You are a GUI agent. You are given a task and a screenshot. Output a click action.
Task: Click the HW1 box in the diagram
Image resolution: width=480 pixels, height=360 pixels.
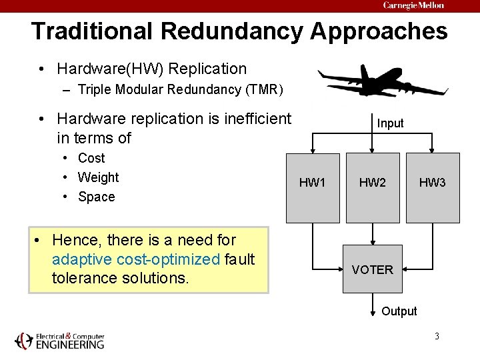312,187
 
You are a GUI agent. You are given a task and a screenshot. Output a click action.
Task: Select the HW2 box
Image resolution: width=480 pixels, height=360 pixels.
373,187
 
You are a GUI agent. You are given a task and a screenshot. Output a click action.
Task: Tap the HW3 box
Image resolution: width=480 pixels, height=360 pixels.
433,187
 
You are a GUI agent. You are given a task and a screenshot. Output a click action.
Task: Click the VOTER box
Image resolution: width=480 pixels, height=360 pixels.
373,269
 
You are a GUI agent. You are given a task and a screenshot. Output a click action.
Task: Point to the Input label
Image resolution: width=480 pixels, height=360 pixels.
390,123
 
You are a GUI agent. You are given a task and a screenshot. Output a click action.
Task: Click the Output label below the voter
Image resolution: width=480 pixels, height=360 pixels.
399,311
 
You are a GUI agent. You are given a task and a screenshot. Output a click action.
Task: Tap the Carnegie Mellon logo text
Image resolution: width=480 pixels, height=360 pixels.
413,5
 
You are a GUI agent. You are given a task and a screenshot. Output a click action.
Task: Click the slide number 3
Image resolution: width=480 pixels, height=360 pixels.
437,335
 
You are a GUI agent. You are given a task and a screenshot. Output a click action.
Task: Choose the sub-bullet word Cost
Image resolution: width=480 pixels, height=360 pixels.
91,158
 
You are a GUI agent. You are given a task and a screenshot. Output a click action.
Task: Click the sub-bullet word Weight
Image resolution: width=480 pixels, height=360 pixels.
98,177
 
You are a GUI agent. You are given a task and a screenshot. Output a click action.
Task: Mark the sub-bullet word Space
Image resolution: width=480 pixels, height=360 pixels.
96,197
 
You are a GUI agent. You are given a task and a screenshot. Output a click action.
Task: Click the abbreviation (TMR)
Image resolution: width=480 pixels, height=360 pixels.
263,89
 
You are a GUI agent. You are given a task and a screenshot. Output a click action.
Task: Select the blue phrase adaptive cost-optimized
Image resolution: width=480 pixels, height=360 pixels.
136,259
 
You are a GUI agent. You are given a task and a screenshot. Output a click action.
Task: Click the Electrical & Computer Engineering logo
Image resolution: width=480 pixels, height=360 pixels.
60,340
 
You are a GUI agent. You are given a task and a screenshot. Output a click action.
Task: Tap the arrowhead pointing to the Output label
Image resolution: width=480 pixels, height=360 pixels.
373,313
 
